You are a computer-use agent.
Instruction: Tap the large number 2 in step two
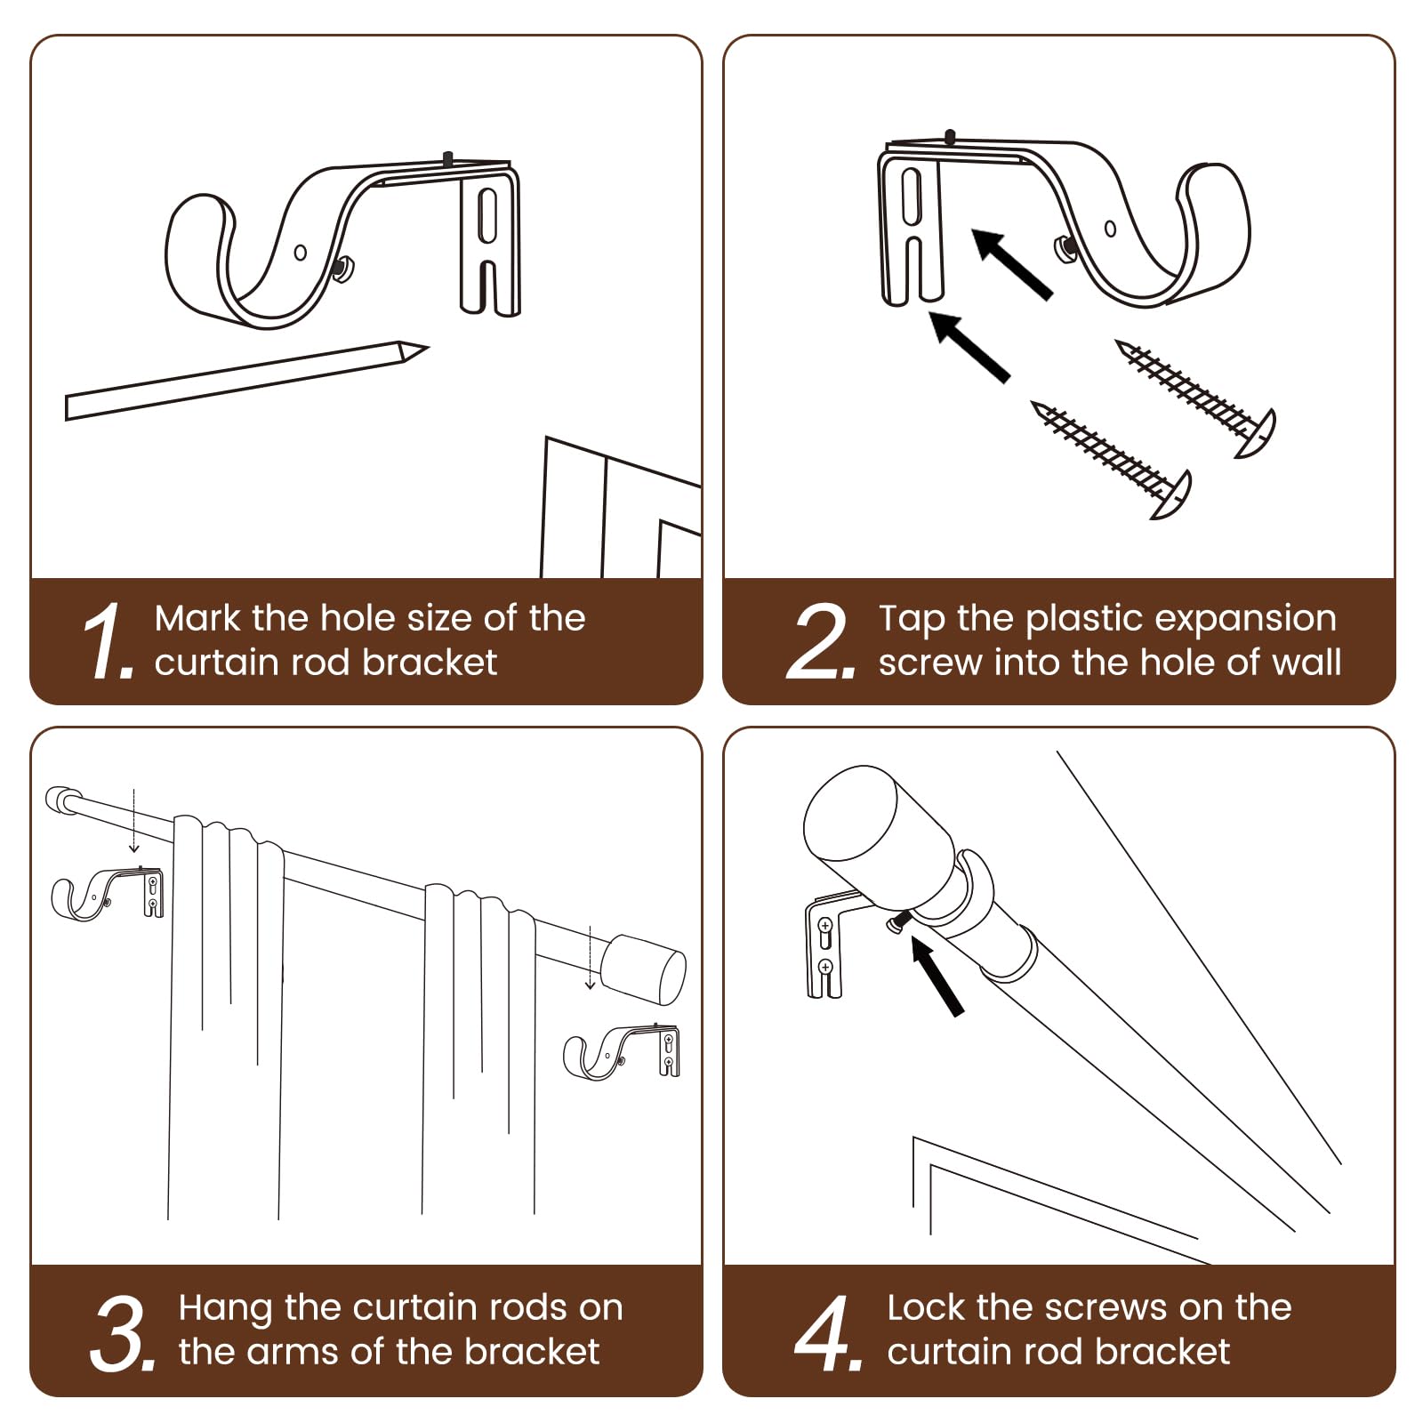pyautogui.click(x=820, y=640)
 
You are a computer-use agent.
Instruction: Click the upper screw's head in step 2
pyautogui.click(x=1258, y=434)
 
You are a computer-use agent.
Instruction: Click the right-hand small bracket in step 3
pyautogui.click(x=623, y=1052)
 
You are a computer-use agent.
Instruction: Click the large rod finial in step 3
pyautogui.click(x=643, y=969)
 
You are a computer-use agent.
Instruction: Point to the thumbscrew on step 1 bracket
pyautogui.click(x=343, y=266)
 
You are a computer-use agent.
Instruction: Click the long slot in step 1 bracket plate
pyautogui.click(x=487, y=214)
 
